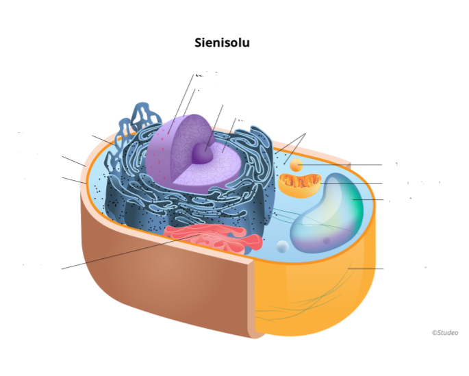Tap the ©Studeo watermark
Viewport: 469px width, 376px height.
pyautogui.click(x=444, y=333)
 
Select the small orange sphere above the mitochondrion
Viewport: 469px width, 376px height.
pyautogui.click(x=296, y=165)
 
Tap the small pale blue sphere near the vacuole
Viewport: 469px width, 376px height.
pyautogui.click(x=282, y=246)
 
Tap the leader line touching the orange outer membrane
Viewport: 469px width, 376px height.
pyautogui.click(x=366, y=268)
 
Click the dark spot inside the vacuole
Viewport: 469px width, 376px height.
pyautogui.click(x=327, y=240)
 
